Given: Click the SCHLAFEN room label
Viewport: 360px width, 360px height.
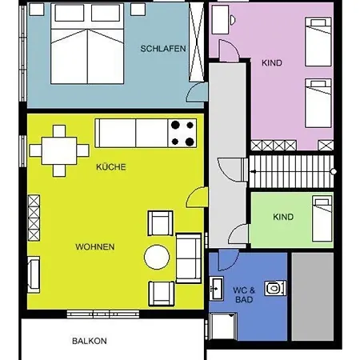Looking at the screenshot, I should pos(163,49).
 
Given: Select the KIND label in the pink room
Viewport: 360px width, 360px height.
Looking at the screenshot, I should pos(272,62).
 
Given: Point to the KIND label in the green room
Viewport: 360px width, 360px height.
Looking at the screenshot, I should pos(282,217).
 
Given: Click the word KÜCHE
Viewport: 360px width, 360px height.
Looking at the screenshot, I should pos(111,167).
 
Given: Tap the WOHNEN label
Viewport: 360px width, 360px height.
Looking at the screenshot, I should pos(95,246).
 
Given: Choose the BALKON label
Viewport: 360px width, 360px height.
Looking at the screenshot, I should pos(89,341).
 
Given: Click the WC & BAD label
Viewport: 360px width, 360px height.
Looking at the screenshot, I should pos(244,293).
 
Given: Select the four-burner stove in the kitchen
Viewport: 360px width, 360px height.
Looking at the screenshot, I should pos(183,133).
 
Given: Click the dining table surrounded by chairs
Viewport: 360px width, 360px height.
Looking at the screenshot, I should pos(60,150).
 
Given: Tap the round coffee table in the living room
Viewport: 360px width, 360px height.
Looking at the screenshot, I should pos(157,258).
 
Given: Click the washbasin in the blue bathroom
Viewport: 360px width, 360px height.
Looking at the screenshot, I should pos(216,286).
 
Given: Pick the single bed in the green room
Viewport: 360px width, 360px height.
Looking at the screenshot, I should pos(322,218).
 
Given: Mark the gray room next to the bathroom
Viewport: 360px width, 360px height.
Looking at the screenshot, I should pos(311,296).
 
